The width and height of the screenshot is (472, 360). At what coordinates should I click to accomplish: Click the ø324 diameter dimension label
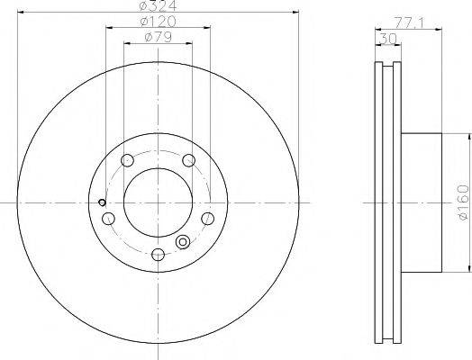(x=158, y=5)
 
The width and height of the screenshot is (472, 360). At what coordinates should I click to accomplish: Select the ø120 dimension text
(x=158, y=22)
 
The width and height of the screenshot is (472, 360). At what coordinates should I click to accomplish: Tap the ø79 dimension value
(x=158, y=37)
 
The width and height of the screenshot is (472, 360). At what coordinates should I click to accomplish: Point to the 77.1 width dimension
(x=409, y=23)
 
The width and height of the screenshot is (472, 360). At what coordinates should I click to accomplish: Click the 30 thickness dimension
(x=388, y=39)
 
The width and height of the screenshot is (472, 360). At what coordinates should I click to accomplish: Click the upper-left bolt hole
(x=127, y=160)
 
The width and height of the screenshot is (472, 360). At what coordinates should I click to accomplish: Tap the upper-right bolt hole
(x=189, y=160)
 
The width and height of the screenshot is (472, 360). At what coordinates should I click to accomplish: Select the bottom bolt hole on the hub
(x=158, y=254)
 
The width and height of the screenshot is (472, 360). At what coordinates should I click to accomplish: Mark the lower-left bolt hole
(x=108, y=219)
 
